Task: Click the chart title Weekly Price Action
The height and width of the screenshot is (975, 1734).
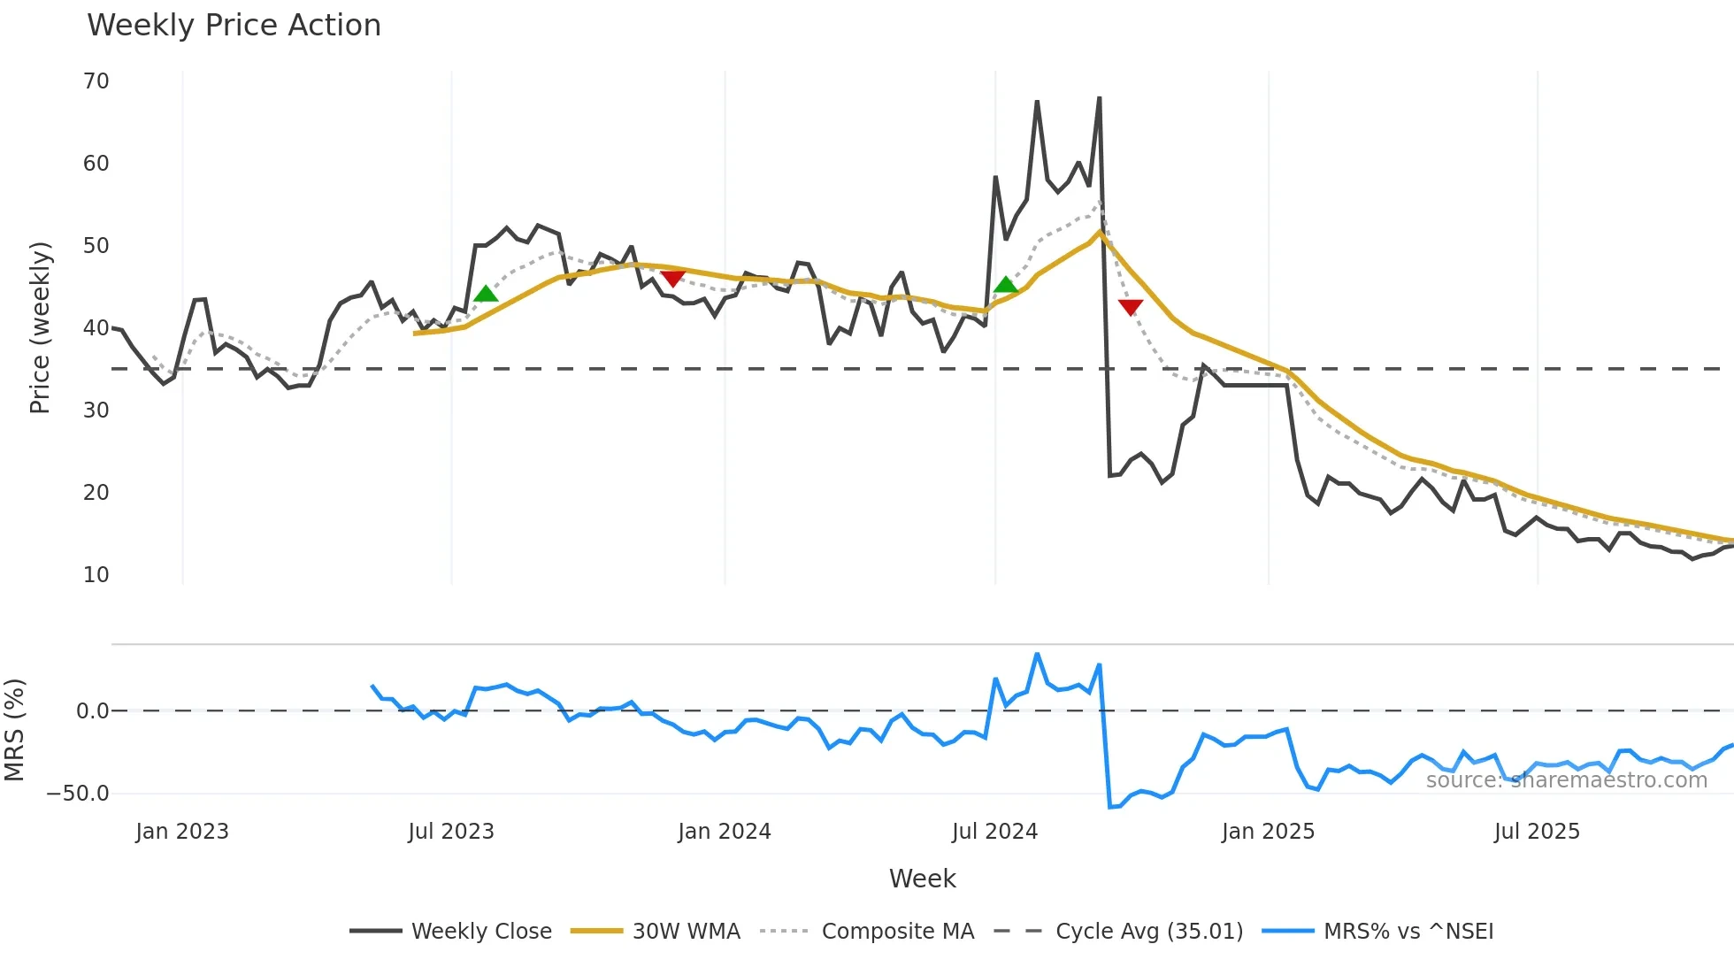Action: tap(234, 26)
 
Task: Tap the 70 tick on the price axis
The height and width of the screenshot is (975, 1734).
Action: tap(96, 81)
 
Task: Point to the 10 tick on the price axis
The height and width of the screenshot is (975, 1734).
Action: tap(96, 575)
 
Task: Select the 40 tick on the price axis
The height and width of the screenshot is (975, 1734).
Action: tap(96, 328)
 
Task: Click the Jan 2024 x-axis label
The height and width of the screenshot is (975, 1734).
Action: tap(725, 832)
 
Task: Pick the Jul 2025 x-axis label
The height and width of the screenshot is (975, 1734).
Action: tap(1537, 832)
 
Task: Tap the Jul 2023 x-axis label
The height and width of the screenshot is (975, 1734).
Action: tap(451, 832)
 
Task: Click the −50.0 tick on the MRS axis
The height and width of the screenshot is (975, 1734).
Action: tap(78, 794)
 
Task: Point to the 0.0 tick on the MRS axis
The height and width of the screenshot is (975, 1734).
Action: tap(92, 711)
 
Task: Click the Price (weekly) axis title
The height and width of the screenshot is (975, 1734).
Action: tap(40, 328)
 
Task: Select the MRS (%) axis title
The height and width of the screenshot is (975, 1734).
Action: tap(14, 730)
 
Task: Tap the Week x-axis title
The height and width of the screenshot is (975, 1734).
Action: tap(922, 879)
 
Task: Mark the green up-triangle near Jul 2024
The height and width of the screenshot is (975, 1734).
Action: tap(1006, 285)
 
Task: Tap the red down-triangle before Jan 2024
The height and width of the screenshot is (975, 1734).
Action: tap(673, 279)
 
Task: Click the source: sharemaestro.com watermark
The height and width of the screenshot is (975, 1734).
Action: tap(1566, 780)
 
